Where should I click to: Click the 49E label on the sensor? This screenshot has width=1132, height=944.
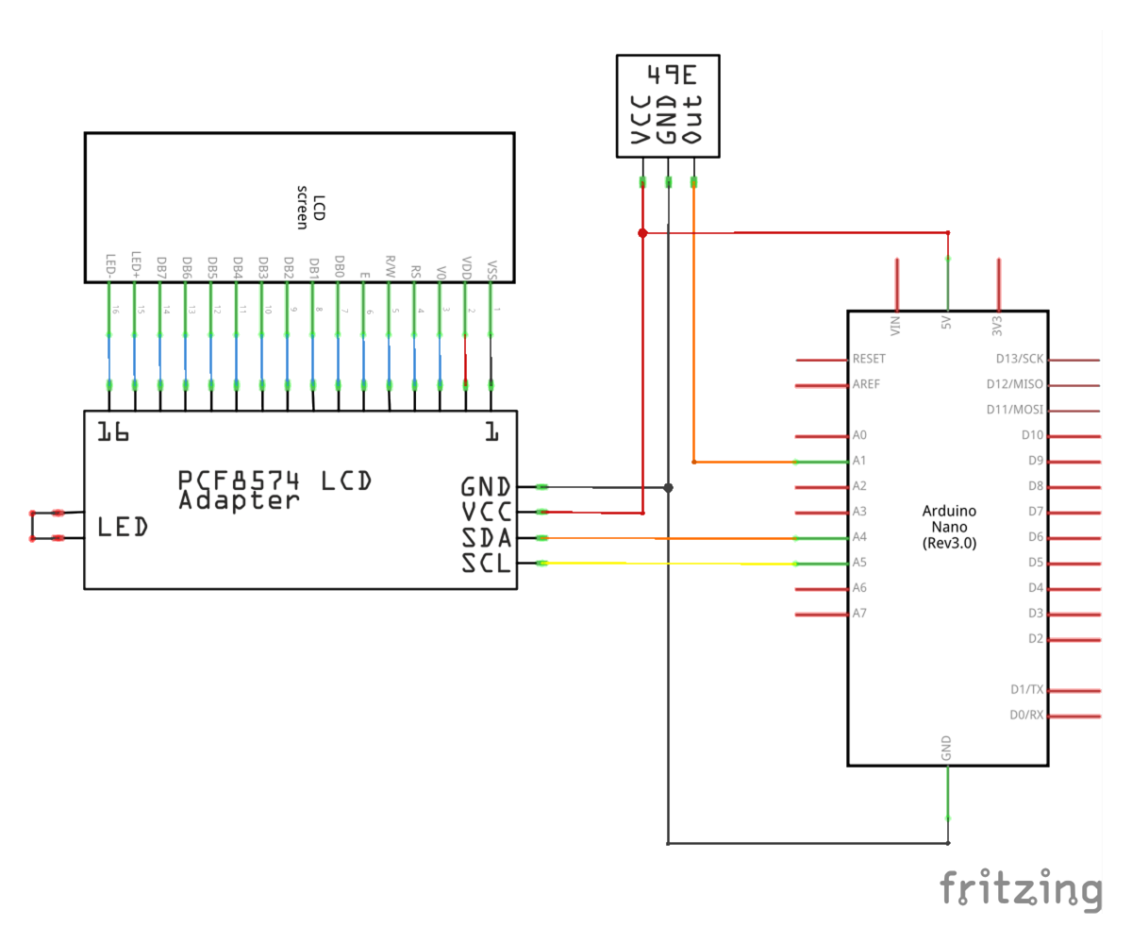[673, 74]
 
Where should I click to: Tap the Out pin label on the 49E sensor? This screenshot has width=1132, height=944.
[692, 119]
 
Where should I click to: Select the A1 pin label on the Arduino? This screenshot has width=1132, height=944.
[858, 461]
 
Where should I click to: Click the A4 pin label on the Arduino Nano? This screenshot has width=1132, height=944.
[858, 537]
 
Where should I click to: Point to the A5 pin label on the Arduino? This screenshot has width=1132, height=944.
[858, 563]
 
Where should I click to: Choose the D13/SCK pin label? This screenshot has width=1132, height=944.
[1020, 359]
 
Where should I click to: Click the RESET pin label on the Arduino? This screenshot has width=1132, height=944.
[869, 359]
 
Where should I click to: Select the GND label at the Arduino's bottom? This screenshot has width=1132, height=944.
[946, 750]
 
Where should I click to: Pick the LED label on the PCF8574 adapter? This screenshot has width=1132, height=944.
[123, 528]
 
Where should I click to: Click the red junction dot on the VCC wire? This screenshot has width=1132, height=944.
[642, 232]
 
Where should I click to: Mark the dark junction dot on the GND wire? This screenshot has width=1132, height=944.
[668, 487]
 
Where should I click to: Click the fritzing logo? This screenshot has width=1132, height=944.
[1021, 890]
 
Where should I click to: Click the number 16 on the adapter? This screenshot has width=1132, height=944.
[112, 432]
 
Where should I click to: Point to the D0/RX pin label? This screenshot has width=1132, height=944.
[1026, 715]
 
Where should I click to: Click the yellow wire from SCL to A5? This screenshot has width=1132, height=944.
[660, 564]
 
